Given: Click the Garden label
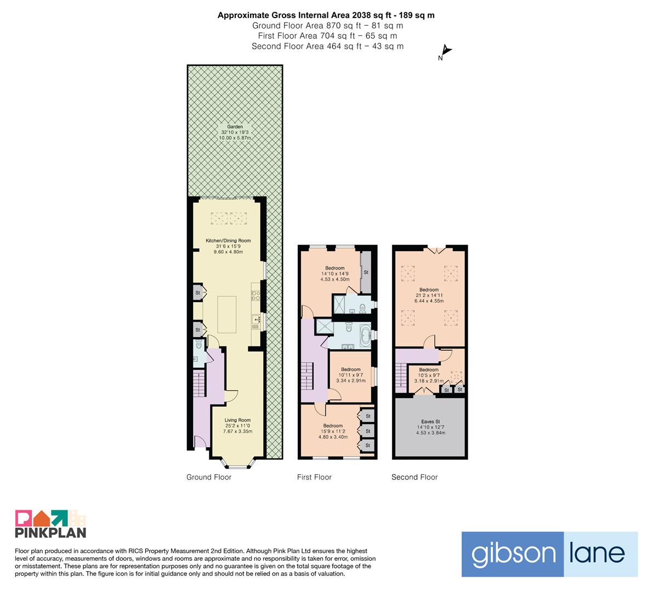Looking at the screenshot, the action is pyautogui.click(x=235, y=132).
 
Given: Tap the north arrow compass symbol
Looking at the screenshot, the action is pyautogui.click(x=445, y=52).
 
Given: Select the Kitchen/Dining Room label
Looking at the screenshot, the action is pyautogui.click(x=228, y=246).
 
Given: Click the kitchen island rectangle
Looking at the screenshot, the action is pyautogui.click(x=227, y=314).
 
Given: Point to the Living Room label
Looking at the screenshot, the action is pyautogui.click(x=238, y=425).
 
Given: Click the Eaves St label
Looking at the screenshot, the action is pyautogui.click(x=430, y=426).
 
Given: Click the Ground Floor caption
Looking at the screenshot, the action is pyautogui.click(x=209, y=477).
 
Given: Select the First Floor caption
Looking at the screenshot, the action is pyautogui.click(x=314, y=477).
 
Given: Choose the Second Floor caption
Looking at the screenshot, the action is pyautogui.click(x=414, y=477).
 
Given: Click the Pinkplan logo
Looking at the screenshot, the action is pyautogui.click(x=50, y=523).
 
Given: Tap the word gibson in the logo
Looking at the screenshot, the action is pyautogui.click(x=513, y=554).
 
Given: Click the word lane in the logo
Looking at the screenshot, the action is pyautogui.click(x=597, y=553).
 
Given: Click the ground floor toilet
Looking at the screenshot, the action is pyautogui.click(x=198, y=344).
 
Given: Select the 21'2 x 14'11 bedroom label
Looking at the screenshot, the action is pyautogui.click(x=429, y=295).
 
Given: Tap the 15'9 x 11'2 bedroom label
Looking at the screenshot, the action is pyautogui.click(x=333, y=431).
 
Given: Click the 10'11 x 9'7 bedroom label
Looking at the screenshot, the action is pyautogui.click(x=351, y=375).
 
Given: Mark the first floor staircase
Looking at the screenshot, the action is pyautogui.click(x=307, y=376).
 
